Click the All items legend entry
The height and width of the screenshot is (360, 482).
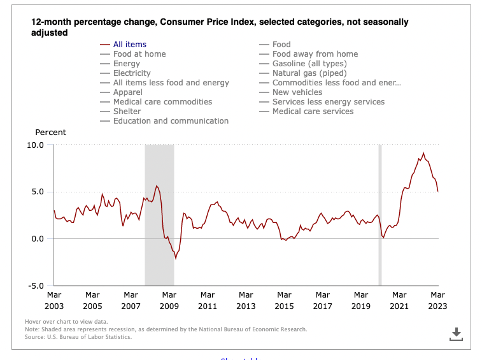tap(130, 45)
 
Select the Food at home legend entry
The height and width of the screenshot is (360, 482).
tap(139, 54)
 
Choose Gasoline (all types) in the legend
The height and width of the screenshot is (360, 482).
tap(309, 64)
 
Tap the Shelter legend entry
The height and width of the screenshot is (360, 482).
tap(127, 112)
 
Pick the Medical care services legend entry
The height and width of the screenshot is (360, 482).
tap(313, 112)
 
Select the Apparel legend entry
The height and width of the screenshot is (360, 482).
tap(129, 92)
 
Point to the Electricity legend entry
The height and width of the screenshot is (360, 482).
tap(132, 73)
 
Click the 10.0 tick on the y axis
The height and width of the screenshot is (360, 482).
tap(35, 145)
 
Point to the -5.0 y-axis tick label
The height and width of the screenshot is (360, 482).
tap(35, 286)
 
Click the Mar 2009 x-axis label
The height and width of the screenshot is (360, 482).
tap(169, 300)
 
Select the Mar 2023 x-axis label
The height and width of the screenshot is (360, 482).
tap(438, 300)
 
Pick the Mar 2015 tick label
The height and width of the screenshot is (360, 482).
tap(285, 300)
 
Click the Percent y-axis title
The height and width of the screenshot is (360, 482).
tap(50, 133)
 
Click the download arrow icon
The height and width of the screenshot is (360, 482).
tap(456, 334)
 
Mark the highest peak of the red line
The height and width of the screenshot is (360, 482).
tap(423, 153)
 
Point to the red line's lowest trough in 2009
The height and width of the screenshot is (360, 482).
tap(176, 259)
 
